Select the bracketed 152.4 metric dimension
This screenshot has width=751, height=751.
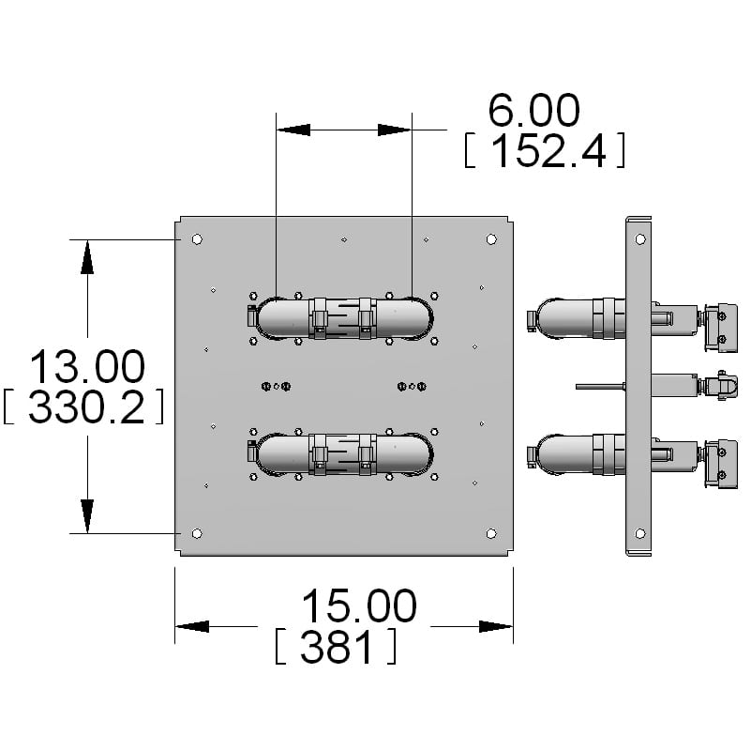click(544, 150)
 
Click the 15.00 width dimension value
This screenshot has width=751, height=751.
click(358, 606)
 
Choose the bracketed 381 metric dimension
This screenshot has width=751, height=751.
click(335, 647)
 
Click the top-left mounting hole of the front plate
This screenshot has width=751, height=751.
click(196, 239)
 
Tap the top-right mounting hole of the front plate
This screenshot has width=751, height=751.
click(491, 239)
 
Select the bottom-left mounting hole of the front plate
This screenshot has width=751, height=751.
click(196, 533)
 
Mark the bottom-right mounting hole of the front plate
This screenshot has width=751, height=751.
click(491, 533)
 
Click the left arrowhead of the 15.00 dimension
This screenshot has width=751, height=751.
click(192, 626)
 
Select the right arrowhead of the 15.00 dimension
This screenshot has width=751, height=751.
click(496, 626)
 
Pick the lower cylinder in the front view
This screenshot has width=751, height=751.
click(343, 454)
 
